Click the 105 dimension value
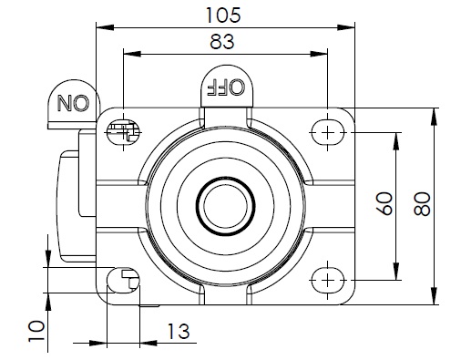tap(223, 15)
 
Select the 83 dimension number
tap(222, 42)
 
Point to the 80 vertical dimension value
tap(423, 204)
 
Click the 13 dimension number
tap(179, 331)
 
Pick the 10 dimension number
tap(36, 331)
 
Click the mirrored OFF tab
tap(227, 86)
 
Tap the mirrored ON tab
tap(74, 103)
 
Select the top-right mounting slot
tap(327, 133)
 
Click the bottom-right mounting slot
tap(327, 280)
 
